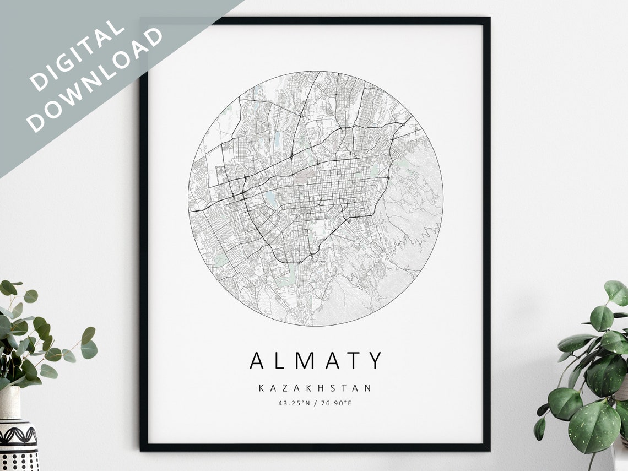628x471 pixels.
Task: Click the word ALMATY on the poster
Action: [316, 361]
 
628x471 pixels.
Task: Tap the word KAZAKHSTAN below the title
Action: [316, 388]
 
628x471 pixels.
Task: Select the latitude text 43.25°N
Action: [294, 403]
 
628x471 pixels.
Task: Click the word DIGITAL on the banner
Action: [77, 56]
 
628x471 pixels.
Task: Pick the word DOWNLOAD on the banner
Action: [96, 79]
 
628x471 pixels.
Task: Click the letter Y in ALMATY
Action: [375, 361]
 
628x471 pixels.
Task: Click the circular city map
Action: [316, 198]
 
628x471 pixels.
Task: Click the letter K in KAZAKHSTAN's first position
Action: [262, 388]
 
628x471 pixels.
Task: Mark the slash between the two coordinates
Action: [315, 403]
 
